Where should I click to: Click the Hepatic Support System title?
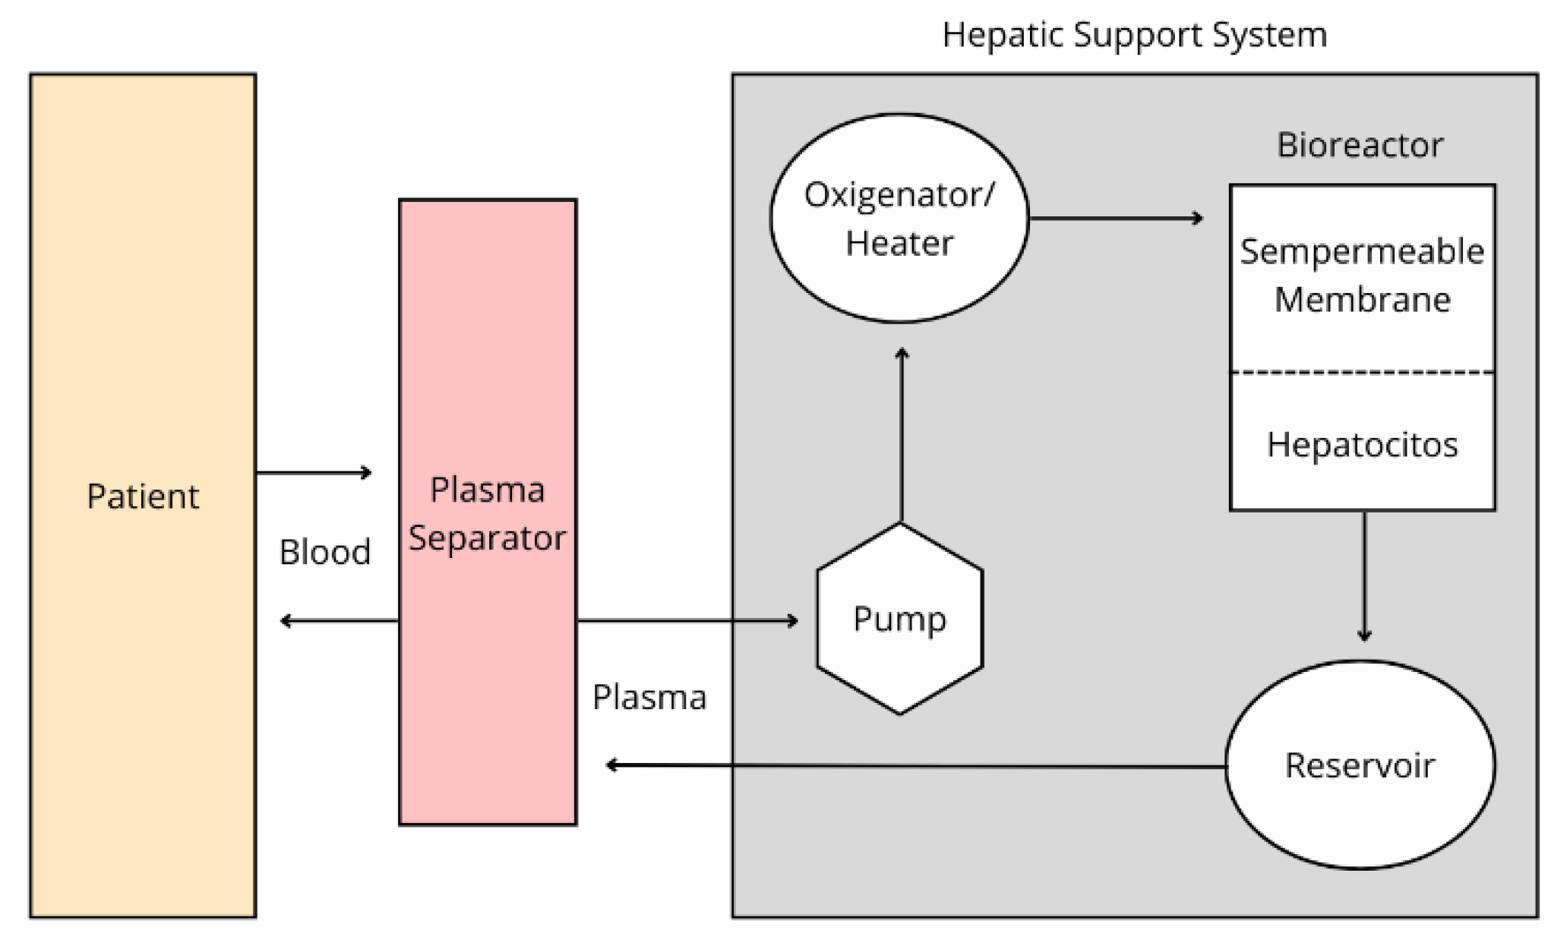(x=1134, y=35)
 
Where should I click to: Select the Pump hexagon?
(x=900, y=619)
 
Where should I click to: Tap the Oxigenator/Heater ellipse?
(x=899, y=219)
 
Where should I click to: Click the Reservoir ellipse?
(x=1360, y=765)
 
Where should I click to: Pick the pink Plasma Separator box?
(x=488, y=683)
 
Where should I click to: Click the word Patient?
(x=143, y=496)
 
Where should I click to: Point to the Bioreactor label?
(x=1360, y=145)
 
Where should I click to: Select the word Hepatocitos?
(x=1362, y=444)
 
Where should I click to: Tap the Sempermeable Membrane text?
(x=1362, y=275)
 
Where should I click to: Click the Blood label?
(x=325, y=552)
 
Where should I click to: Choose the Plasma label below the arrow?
(x=649, y=697)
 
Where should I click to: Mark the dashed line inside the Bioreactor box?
(x=1362, y=372)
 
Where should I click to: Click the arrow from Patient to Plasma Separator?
(x=314, y=473)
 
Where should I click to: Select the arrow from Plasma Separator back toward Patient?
(x=340, y=621)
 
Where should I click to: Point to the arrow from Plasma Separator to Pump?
(x=687, y=621)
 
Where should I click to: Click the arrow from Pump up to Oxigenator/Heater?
(x=902, y=437)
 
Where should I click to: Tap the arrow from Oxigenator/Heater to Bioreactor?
(x=1116, y=219)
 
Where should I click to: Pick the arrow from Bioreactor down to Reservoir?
(x=1364, y=575)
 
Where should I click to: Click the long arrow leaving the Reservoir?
(x=915, y=766)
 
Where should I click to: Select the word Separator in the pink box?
(x=488, y=538)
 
